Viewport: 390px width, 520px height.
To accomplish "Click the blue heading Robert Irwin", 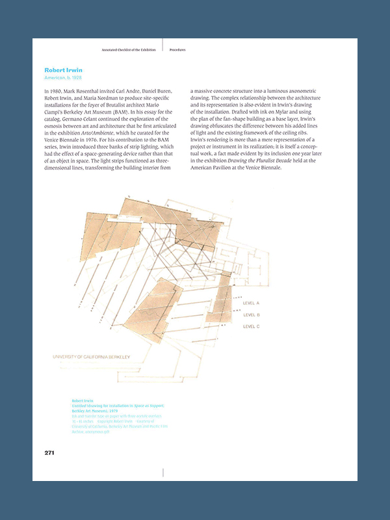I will click(64, 70).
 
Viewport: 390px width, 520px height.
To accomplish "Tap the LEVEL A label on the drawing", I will click(251, 304).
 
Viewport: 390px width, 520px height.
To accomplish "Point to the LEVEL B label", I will click(251, 315).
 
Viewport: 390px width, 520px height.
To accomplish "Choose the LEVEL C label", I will click(251, 326).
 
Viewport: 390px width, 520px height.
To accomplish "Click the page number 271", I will click(49, 452).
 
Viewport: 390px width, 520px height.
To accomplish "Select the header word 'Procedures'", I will click(179, 49).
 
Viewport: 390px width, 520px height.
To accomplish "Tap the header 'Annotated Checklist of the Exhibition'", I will click(129, 49).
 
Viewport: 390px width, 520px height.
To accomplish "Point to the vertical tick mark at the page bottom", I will click(162, 473).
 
